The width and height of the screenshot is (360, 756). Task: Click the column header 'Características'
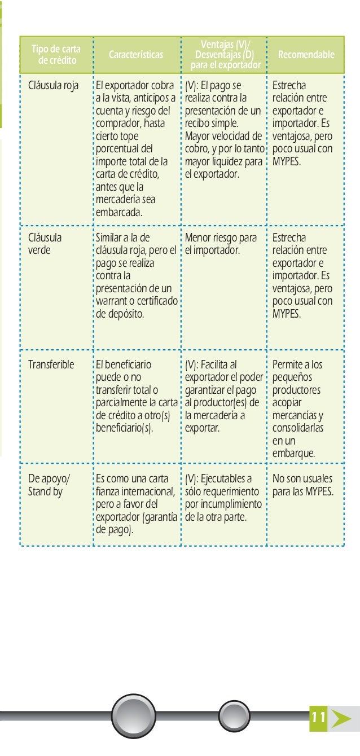[x=136, y=55]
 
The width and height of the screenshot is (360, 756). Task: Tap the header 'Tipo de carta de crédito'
[x=56, y=55]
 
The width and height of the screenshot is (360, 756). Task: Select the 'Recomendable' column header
[x=306, y=55]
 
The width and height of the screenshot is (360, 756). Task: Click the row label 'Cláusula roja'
[x=54, y=86]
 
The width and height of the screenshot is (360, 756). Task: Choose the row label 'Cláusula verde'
[x=45, y=244]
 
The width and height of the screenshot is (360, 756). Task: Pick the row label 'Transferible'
[x=51, y=364]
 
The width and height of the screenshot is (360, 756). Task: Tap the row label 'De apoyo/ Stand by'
[x=49, y=485]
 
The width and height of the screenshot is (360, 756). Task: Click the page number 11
[x=318, y=718]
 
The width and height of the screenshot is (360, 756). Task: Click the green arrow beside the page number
[x=341, y=718]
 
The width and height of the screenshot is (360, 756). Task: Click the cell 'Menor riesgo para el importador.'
[x=221, y=244]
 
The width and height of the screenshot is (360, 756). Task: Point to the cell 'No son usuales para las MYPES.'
[x=302, y=485]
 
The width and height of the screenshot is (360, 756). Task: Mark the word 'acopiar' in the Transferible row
[x=287, y=403]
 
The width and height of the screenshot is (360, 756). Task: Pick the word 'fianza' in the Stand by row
[x=109, y=491]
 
